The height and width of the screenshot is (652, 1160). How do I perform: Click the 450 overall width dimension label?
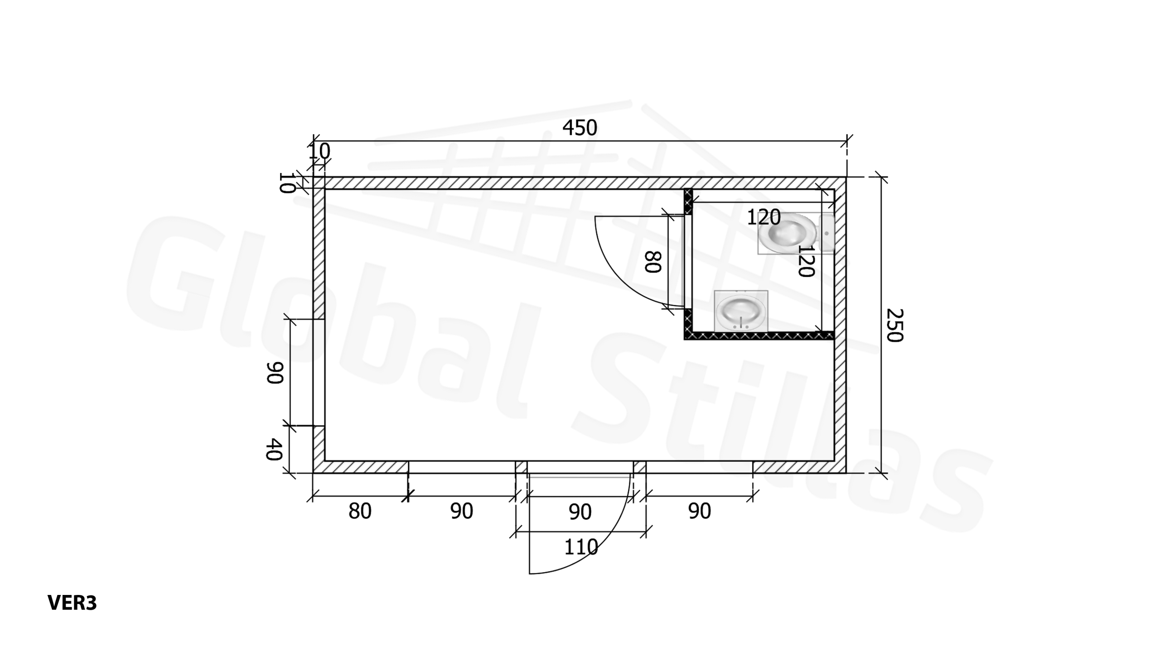tap(580, 128)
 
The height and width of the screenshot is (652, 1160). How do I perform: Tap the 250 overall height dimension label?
tap(894, 325)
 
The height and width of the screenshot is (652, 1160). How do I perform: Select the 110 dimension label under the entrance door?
tap(580, 547)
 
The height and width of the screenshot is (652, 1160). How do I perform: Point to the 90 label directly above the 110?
tap(580, 512)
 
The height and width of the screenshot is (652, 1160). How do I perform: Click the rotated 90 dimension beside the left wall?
tap(275, 373)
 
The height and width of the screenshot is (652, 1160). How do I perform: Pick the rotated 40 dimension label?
tap(274, 450)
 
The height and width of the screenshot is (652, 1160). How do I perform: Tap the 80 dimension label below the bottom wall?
tap(360, 511)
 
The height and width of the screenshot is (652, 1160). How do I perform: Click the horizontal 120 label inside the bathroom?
tap(764, 217)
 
